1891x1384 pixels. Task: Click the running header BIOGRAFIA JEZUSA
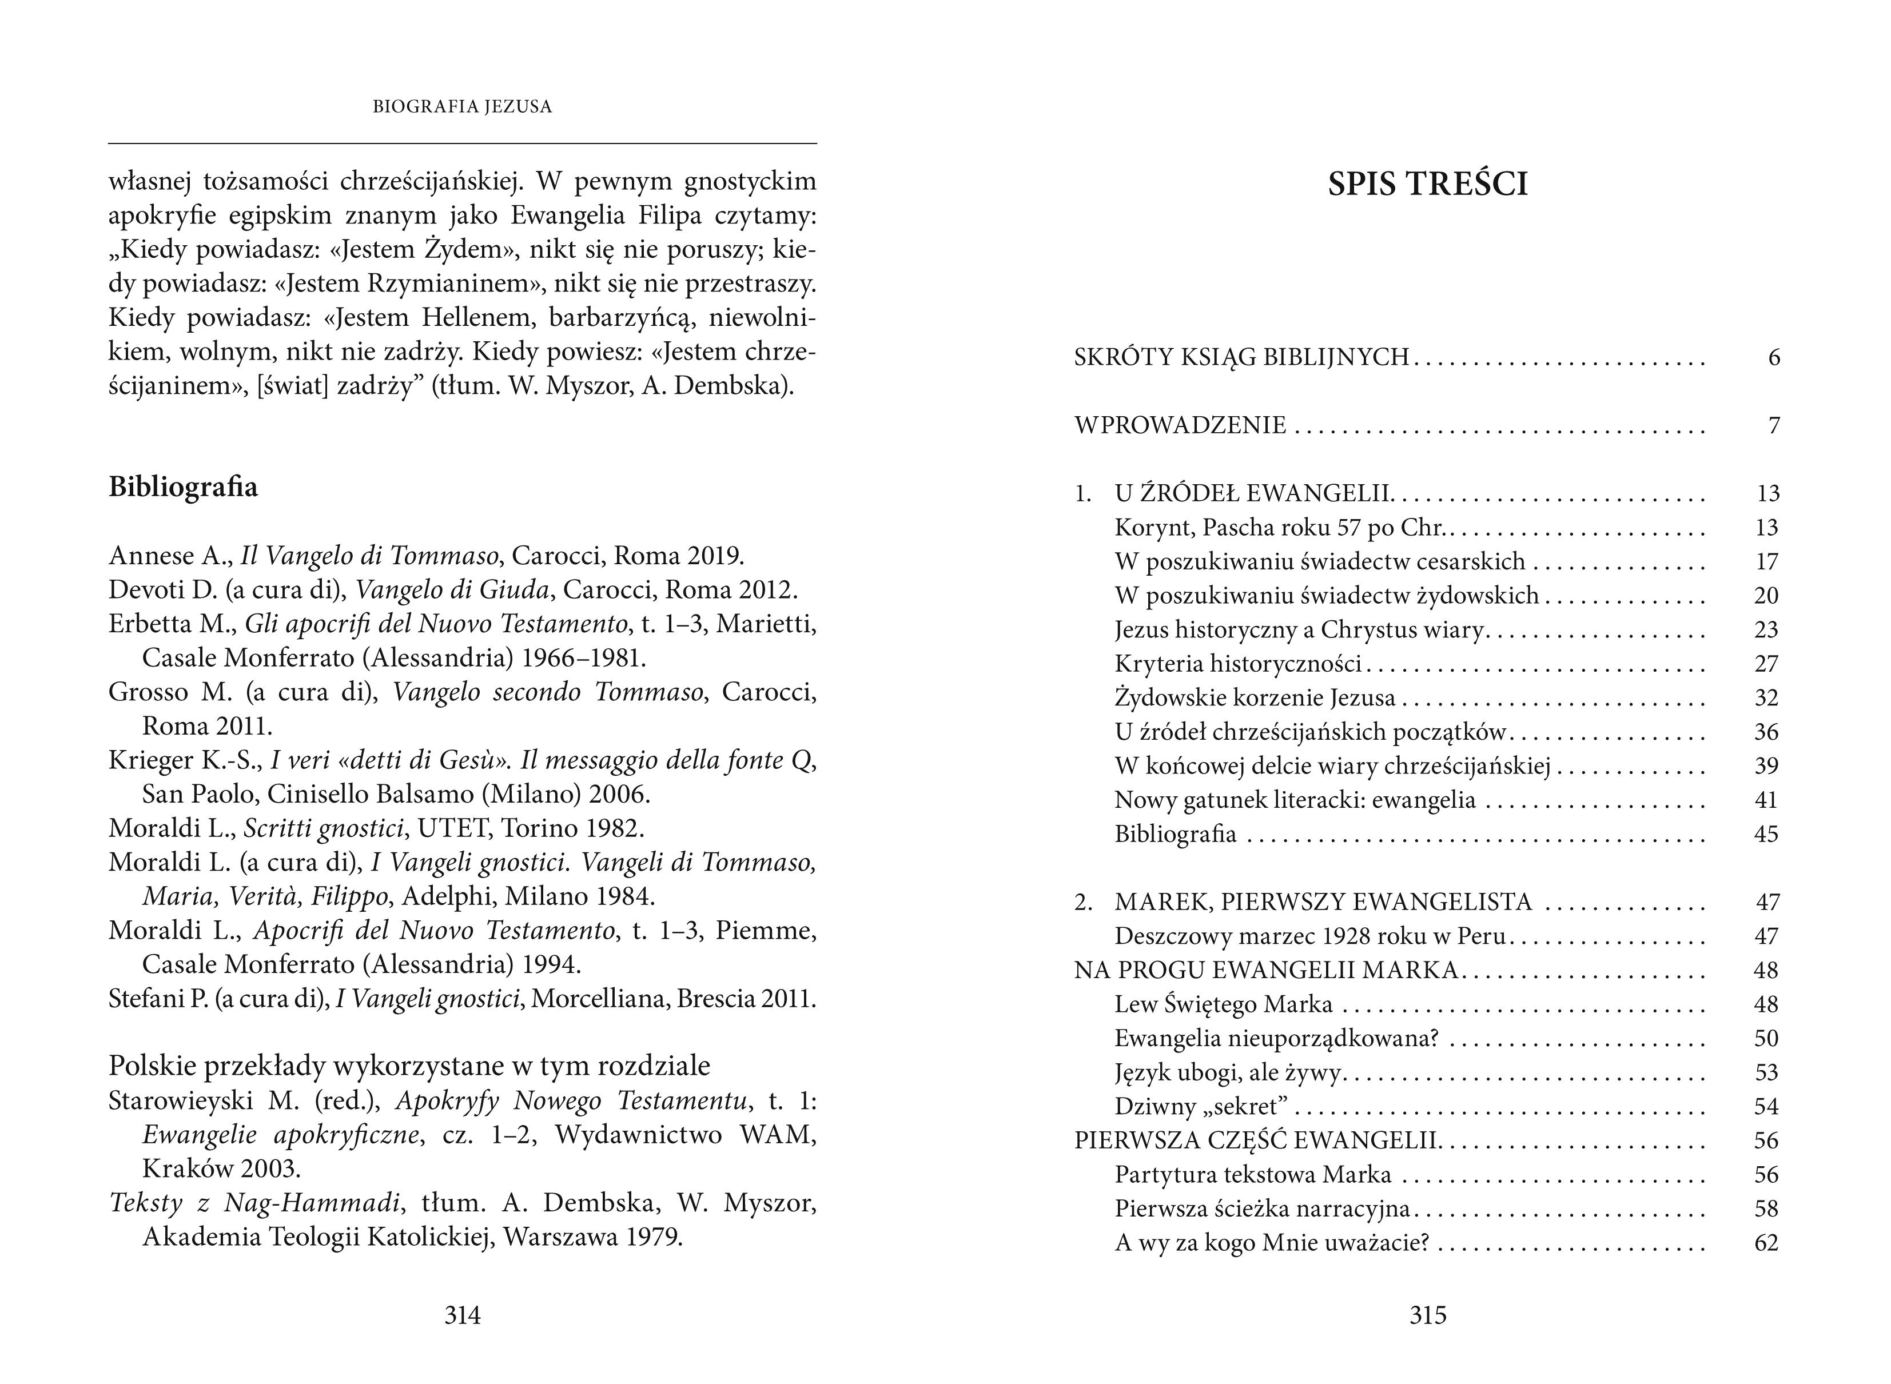coord(463,107)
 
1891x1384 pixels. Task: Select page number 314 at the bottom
coord(463,1315)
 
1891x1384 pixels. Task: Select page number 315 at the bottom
coord(1428,1315)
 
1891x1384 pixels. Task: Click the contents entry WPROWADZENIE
coord(1180,425)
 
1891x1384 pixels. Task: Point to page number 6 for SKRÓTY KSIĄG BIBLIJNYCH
coord(1774,358)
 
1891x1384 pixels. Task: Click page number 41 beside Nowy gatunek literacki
coord(1766,800)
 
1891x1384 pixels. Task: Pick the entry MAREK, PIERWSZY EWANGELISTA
coord(1323,902)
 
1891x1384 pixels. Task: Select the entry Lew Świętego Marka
coord(1223,1004)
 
